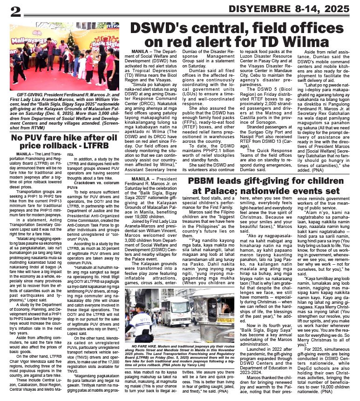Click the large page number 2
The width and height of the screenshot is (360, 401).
coord(16,11)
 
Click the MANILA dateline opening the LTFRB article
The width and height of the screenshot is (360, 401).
coord(26,153)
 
